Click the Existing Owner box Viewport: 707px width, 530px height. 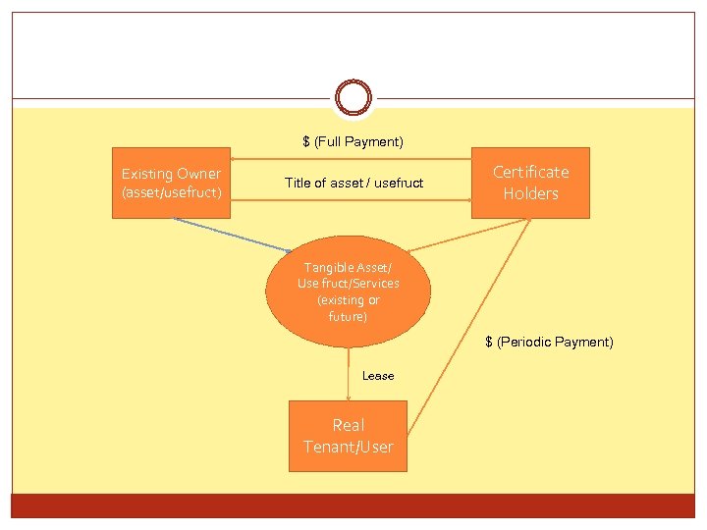(x=172, y=183)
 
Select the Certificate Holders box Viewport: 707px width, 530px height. (x=530, y=183)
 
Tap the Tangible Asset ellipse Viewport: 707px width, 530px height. (x=349, y=291)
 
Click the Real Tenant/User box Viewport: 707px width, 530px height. (x=348, y=436)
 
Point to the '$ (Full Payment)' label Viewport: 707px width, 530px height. (x=353, y=142)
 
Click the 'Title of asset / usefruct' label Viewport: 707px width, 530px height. (x=353, y=183)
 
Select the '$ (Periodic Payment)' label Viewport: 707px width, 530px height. (x=549, y=342)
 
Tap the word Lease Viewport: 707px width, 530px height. (x=378, y=376)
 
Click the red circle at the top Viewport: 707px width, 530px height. (x=353, y=98)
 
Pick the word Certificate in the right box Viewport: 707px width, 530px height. (x=530, y=172)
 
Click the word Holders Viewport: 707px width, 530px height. (x=530, y=193)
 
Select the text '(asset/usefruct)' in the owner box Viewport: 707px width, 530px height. (x=172, y=192)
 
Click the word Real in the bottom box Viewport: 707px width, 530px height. (x=348, y=425)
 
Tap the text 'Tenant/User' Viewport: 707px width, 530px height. (x=348, y=448)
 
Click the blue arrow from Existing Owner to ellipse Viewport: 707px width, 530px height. (x=232, y=235)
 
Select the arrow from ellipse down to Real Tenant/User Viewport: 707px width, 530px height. (x=349, y=373)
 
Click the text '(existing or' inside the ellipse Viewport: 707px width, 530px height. (x=349, y=300)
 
